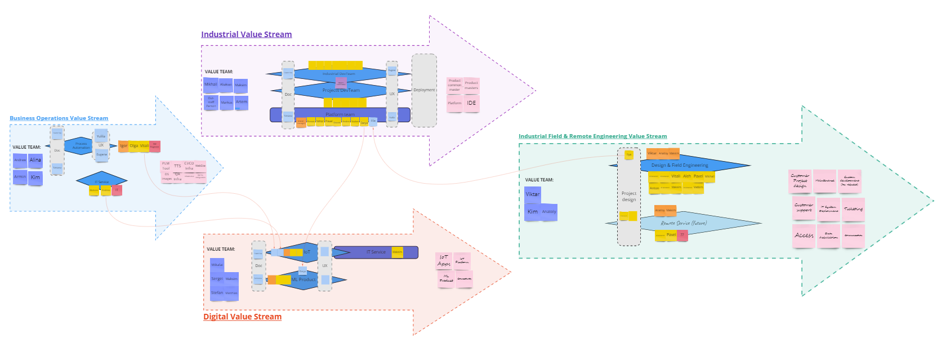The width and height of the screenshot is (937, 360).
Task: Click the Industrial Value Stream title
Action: click(246, 34)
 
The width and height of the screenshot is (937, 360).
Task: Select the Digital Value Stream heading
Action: click(242, 317)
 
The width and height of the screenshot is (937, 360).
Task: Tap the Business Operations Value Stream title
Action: click(59, 118)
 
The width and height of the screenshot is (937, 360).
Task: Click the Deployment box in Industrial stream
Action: click(424, 90)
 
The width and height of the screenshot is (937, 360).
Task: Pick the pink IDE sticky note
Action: click(471, 103)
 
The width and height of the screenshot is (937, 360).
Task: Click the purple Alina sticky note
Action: click(35, 161)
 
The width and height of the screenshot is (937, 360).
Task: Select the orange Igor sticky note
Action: click(123, 146)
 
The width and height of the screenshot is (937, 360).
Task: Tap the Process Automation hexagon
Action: click(81, 146)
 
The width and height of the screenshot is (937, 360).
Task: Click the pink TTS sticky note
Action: click(177, 166)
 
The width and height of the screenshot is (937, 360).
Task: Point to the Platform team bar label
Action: click(340, 114)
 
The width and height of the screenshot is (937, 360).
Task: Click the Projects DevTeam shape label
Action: click(341, 90)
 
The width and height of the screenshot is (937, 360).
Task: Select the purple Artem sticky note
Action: click(242, 102)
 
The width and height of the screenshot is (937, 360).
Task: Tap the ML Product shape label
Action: click(304, 279)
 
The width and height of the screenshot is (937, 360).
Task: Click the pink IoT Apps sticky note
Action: click(444, 260)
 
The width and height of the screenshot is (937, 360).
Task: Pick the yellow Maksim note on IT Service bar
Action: click(397, 252)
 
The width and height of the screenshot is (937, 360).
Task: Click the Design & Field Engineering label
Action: click(680, 165)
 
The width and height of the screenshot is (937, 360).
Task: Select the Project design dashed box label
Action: click(629, 197)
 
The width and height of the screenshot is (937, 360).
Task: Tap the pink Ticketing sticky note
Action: click(853, 209)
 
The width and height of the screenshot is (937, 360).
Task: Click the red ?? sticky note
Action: click(682, 235)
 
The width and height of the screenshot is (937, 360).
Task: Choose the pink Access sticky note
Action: click(804, 235)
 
